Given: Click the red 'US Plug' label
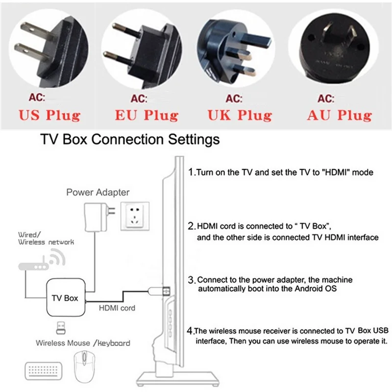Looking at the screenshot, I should coord(49,116).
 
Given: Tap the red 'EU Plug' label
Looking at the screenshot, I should coord(147,116).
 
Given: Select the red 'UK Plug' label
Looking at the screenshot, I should coord(239,116).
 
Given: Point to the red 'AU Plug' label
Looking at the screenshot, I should coord(339,116).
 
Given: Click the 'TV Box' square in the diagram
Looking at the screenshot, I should coord(65,298).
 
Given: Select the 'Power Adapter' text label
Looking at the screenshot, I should coord(98,193).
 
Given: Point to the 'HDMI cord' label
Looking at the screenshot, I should coord(117,308).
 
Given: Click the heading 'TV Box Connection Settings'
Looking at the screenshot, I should coord(129,140).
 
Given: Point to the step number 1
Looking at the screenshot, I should coord(192,172).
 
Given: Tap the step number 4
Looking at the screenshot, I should coord(192,330).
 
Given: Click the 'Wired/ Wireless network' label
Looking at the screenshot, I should coord(46,238).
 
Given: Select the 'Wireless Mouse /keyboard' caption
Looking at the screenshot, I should coord(83,343).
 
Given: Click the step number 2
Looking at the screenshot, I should coord(192,226).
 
